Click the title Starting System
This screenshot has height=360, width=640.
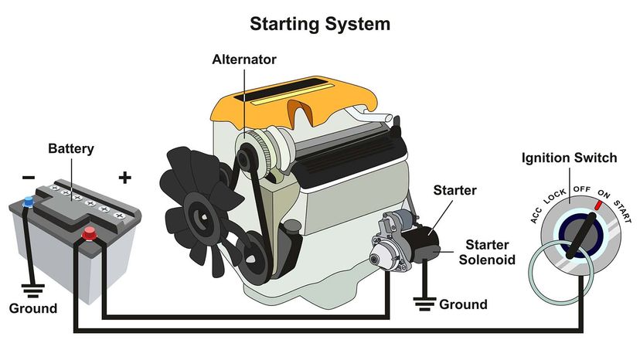click(x=319, y=24)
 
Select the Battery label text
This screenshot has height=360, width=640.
click(x=72, y=148)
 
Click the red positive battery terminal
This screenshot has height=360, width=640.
click(x=90, y=232)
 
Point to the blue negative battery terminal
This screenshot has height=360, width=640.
click(x=29, y=202)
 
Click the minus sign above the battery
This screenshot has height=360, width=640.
click(x=29, y=178)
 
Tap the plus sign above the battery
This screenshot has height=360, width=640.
click(x=124, y=178)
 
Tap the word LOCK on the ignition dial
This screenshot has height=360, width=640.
click(x=555, y=195)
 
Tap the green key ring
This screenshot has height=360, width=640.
click(x=560, y=274)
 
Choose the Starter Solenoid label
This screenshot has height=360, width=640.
click(x=486, y=252)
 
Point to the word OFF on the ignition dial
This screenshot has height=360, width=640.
click(x=581, y=189)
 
